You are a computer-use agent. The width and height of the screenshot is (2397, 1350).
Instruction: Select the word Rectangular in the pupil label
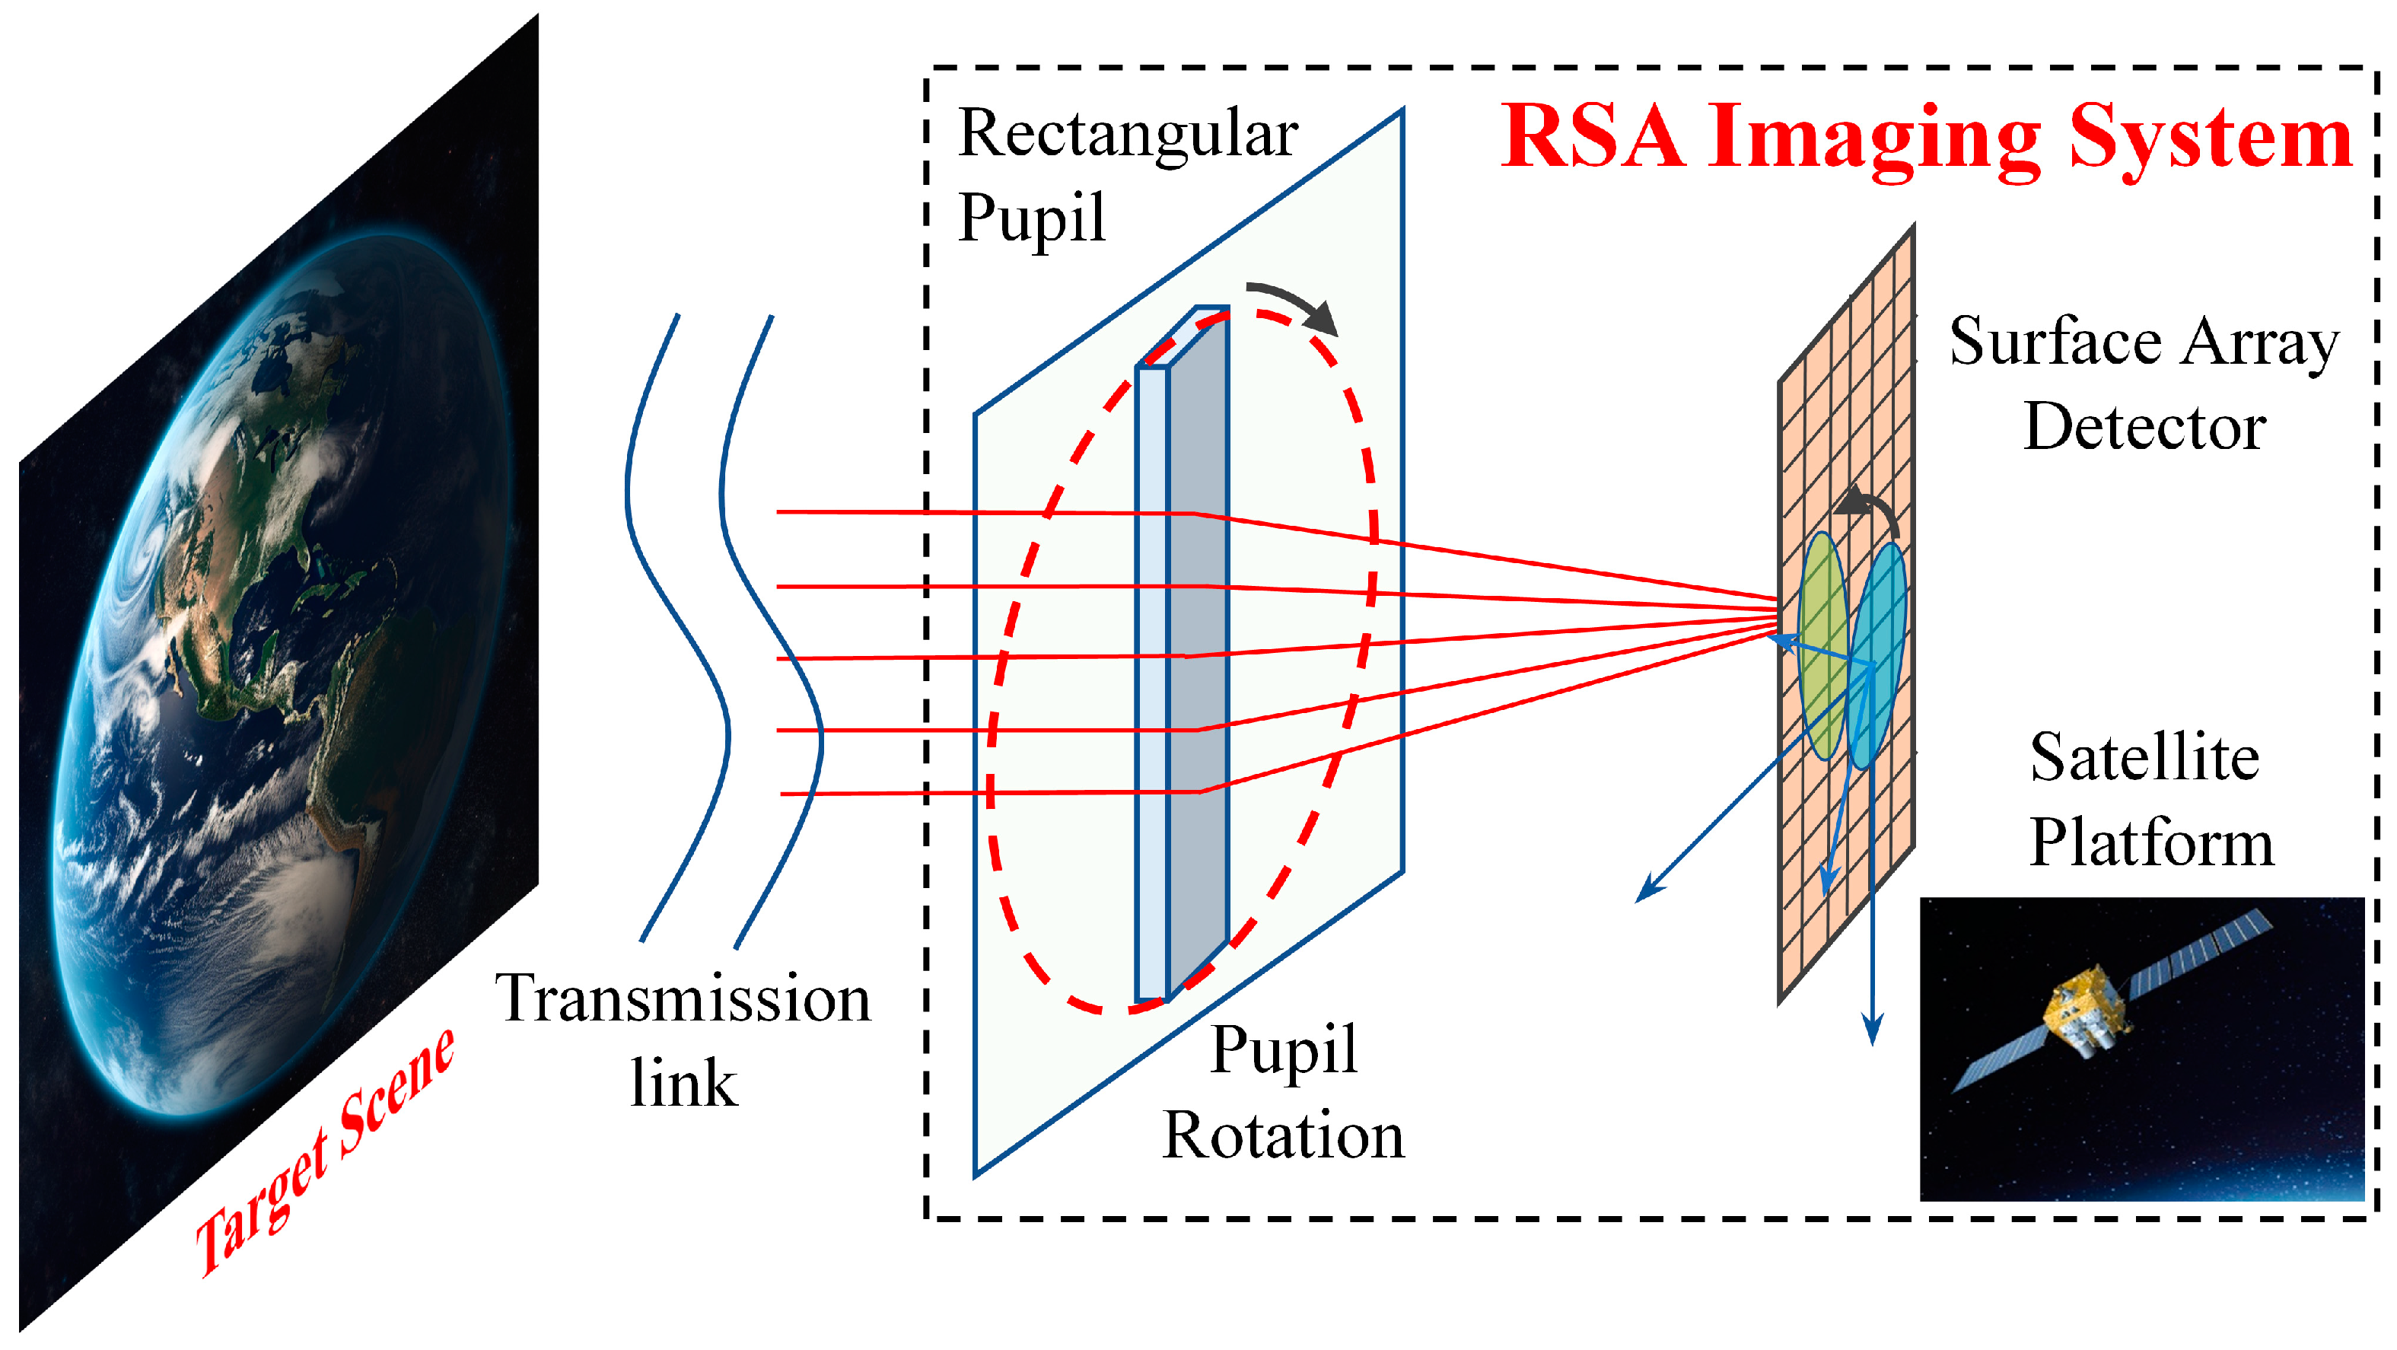coord(1128,135)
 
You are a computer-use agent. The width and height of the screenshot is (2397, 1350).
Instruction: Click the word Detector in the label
coord(2145,428)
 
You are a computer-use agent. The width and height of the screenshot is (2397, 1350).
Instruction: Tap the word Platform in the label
coord(2150,844)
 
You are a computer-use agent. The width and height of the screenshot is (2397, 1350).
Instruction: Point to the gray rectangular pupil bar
coord(1198,651)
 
